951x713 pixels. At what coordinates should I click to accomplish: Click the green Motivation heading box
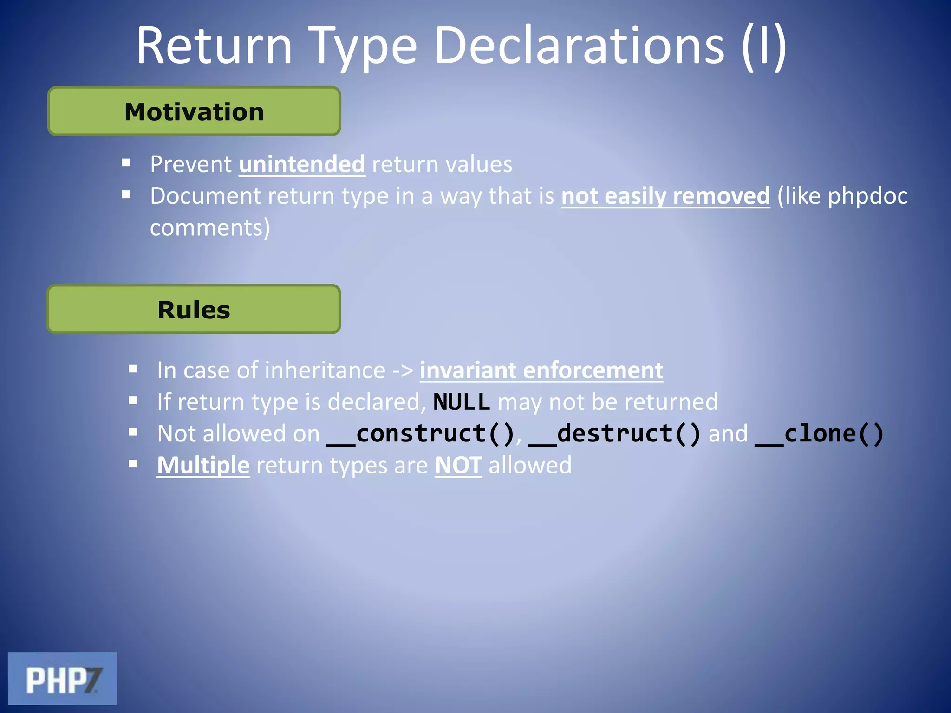194,111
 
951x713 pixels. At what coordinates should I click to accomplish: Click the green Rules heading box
194,310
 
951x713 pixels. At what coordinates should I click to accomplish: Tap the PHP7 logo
62,679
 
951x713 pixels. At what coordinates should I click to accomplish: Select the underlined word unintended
302,165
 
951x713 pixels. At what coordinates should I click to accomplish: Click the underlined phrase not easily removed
665,196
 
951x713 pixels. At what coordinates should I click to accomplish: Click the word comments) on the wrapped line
210,228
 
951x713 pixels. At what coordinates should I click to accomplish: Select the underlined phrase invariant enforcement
541,371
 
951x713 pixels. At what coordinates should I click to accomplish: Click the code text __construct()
420,434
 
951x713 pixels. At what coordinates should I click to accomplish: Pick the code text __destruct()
614,434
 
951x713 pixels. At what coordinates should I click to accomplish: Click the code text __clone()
819,434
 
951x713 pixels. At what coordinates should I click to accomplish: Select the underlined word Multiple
203,466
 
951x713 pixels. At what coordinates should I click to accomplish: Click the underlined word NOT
458,466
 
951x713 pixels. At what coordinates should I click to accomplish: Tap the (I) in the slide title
763,46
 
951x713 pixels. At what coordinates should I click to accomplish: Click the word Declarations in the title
579,46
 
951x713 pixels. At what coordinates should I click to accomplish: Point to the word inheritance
325,371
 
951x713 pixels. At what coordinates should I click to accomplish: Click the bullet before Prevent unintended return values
126,163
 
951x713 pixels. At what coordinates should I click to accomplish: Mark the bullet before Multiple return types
133,464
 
